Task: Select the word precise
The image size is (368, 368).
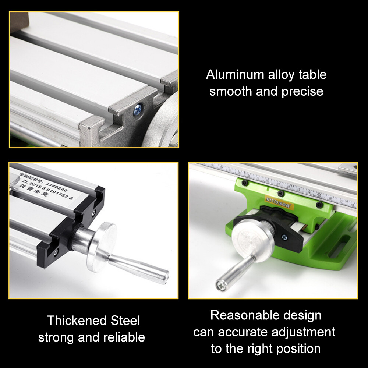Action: [x=302, y=91]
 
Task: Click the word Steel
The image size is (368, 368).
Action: [x=125, y=321]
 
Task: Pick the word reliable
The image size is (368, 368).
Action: [x=124, y=337]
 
